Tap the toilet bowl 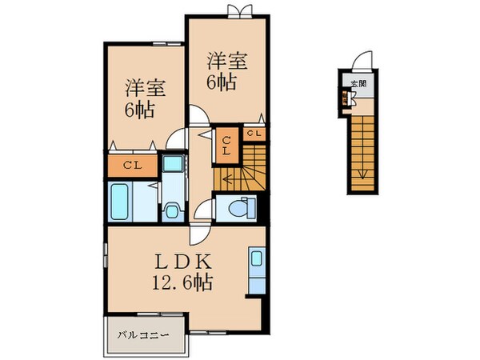tap(239, 207)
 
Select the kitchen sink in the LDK tap(257, 258)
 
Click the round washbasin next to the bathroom tap(170, 211)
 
